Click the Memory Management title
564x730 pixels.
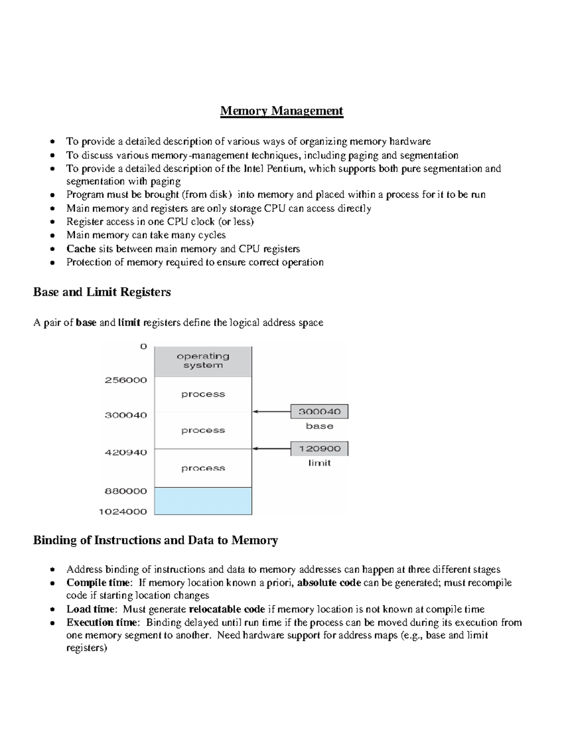282,111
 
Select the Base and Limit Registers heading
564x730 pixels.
102,292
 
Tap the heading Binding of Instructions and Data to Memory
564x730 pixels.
155,540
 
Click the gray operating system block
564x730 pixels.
203,361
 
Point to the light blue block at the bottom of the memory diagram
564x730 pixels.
203,501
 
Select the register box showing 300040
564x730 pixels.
319,412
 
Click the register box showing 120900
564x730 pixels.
319,449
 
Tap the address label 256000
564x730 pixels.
125,380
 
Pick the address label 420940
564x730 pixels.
125,452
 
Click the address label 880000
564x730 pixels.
125,491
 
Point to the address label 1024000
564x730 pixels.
123,511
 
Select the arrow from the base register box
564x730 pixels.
272,412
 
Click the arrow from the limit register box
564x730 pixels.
272,449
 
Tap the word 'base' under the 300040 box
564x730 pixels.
320,426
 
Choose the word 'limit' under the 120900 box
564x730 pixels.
320,463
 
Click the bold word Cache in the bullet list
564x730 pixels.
81,249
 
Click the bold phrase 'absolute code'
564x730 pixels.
329,583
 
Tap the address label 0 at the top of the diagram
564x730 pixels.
143,346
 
